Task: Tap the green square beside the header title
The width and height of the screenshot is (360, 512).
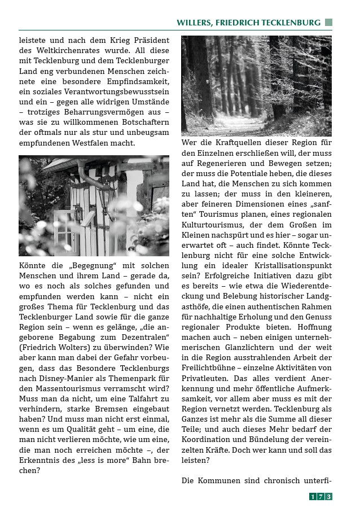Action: point(328,23)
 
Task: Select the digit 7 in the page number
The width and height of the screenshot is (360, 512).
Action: point(321,497)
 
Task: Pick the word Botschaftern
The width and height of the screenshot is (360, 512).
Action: point(141,122)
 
